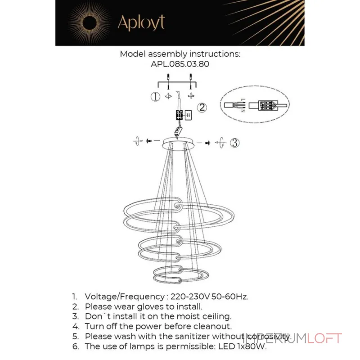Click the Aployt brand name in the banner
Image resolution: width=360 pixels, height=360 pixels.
click(x=141, y=22)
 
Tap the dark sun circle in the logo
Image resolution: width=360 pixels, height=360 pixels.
click(x=89, y=23)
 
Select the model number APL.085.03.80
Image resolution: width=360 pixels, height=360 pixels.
click(x=180, y=64)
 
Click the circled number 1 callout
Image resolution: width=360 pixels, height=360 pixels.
click(x=155, y=96)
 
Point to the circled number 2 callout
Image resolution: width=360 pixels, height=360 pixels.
click(x=202, y=108)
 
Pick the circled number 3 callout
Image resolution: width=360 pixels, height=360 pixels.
click(x=234, y=143)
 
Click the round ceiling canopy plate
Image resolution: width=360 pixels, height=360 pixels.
click(x=178, y=143)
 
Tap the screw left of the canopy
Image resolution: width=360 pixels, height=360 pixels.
click(x=149, y=140)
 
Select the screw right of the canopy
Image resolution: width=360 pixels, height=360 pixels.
click(x=207, y=143)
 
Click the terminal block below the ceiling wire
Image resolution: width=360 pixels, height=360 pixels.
click(x=179, y=115)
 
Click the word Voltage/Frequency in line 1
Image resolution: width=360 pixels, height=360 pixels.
click(x=125, y=297)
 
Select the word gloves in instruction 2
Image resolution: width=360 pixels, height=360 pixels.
click(x=150, y=307)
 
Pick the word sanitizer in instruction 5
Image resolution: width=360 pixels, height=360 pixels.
click(x=192, y=336)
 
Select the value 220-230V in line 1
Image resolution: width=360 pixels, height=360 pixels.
click(x=190, y=297)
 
